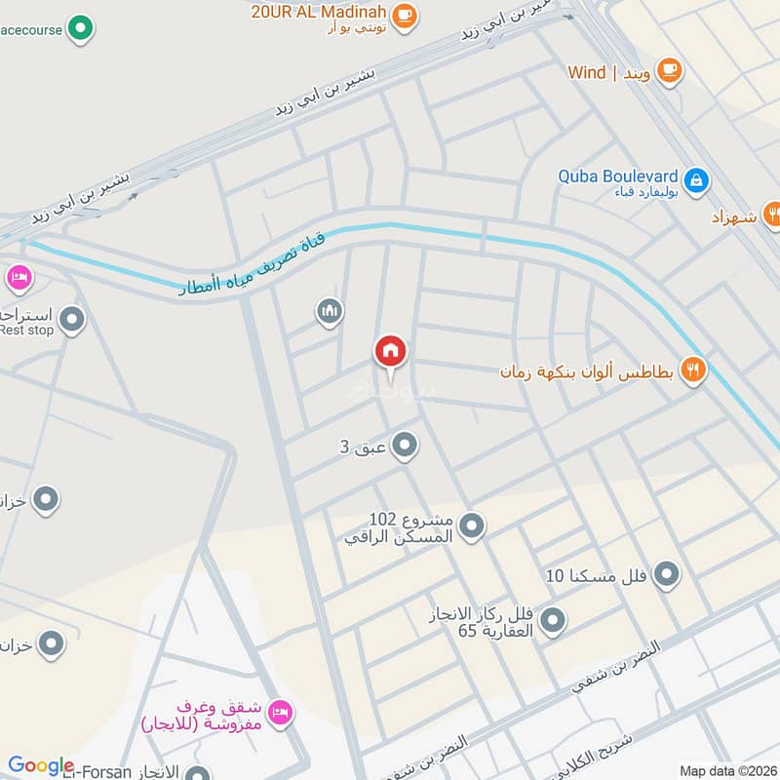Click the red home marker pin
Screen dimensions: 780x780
pyautogui.click(x=390, y=352)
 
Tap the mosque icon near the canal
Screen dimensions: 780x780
pyautogui.click(x=330, y=312)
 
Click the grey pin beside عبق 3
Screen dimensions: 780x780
pyautogui.click(x=406, y=447)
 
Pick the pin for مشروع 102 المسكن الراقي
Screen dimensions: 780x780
pyautogui.click(x=472, y=526)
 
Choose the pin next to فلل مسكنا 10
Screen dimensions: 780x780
pyautogui.click(x=667, y=575)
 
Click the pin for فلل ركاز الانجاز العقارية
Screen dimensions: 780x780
pyautogui.click(x=553, y=619)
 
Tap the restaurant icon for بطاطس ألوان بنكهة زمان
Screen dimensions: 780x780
pyautogui.click(x=693, y=371)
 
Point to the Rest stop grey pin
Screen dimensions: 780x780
pyautogui.click(x=71, y=318)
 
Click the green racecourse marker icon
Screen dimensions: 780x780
pyautogui.click(x=84, y=29)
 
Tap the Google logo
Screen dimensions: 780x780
pyautogui.click(x=41, y=765)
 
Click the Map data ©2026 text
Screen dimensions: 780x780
pyautogui.click(x=725, y=770)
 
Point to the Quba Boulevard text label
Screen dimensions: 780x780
pyautogui.click(x=617, y=176)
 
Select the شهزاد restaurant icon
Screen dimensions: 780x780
pyautogui.click(x=771, y=213)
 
